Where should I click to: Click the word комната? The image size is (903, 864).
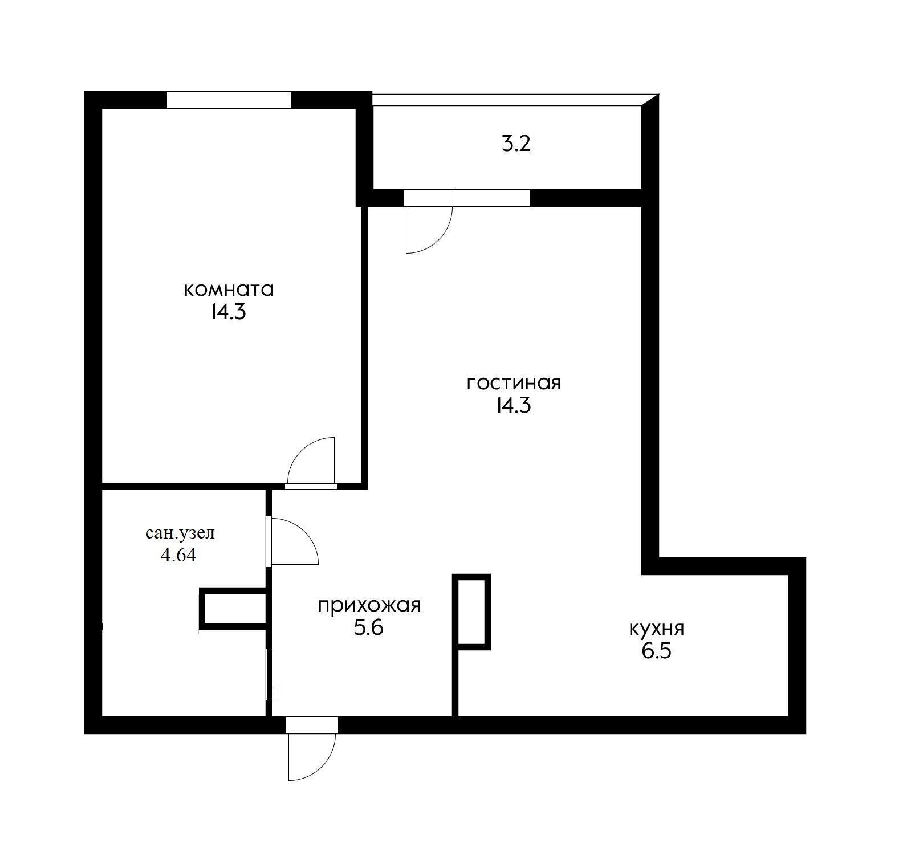229,290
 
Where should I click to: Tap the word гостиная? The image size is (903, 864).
514,382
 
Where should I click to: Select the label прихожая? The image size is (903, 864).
369,605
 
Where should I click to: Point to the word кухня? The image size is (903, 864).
656,629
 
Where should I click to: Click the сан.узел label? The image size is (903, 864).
180,534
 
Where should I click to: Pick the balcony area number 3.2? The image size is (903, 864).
516,144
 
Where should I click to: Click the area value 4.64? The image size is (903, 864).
178,555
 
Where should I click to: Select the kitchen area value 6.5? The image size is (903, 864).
656,651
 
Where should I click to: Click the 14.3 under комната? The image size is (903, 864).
228,312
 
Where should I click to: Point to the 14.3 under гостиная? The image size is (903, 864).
514,405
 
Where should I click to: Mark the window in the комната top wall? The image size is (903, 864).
229,100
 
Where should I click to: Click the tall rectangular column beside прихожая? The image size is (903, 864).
471,611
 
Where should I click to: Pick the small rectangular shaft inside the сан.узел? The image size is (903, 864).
233,609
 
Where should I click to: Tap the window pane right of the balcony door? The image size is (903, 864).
493,198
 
